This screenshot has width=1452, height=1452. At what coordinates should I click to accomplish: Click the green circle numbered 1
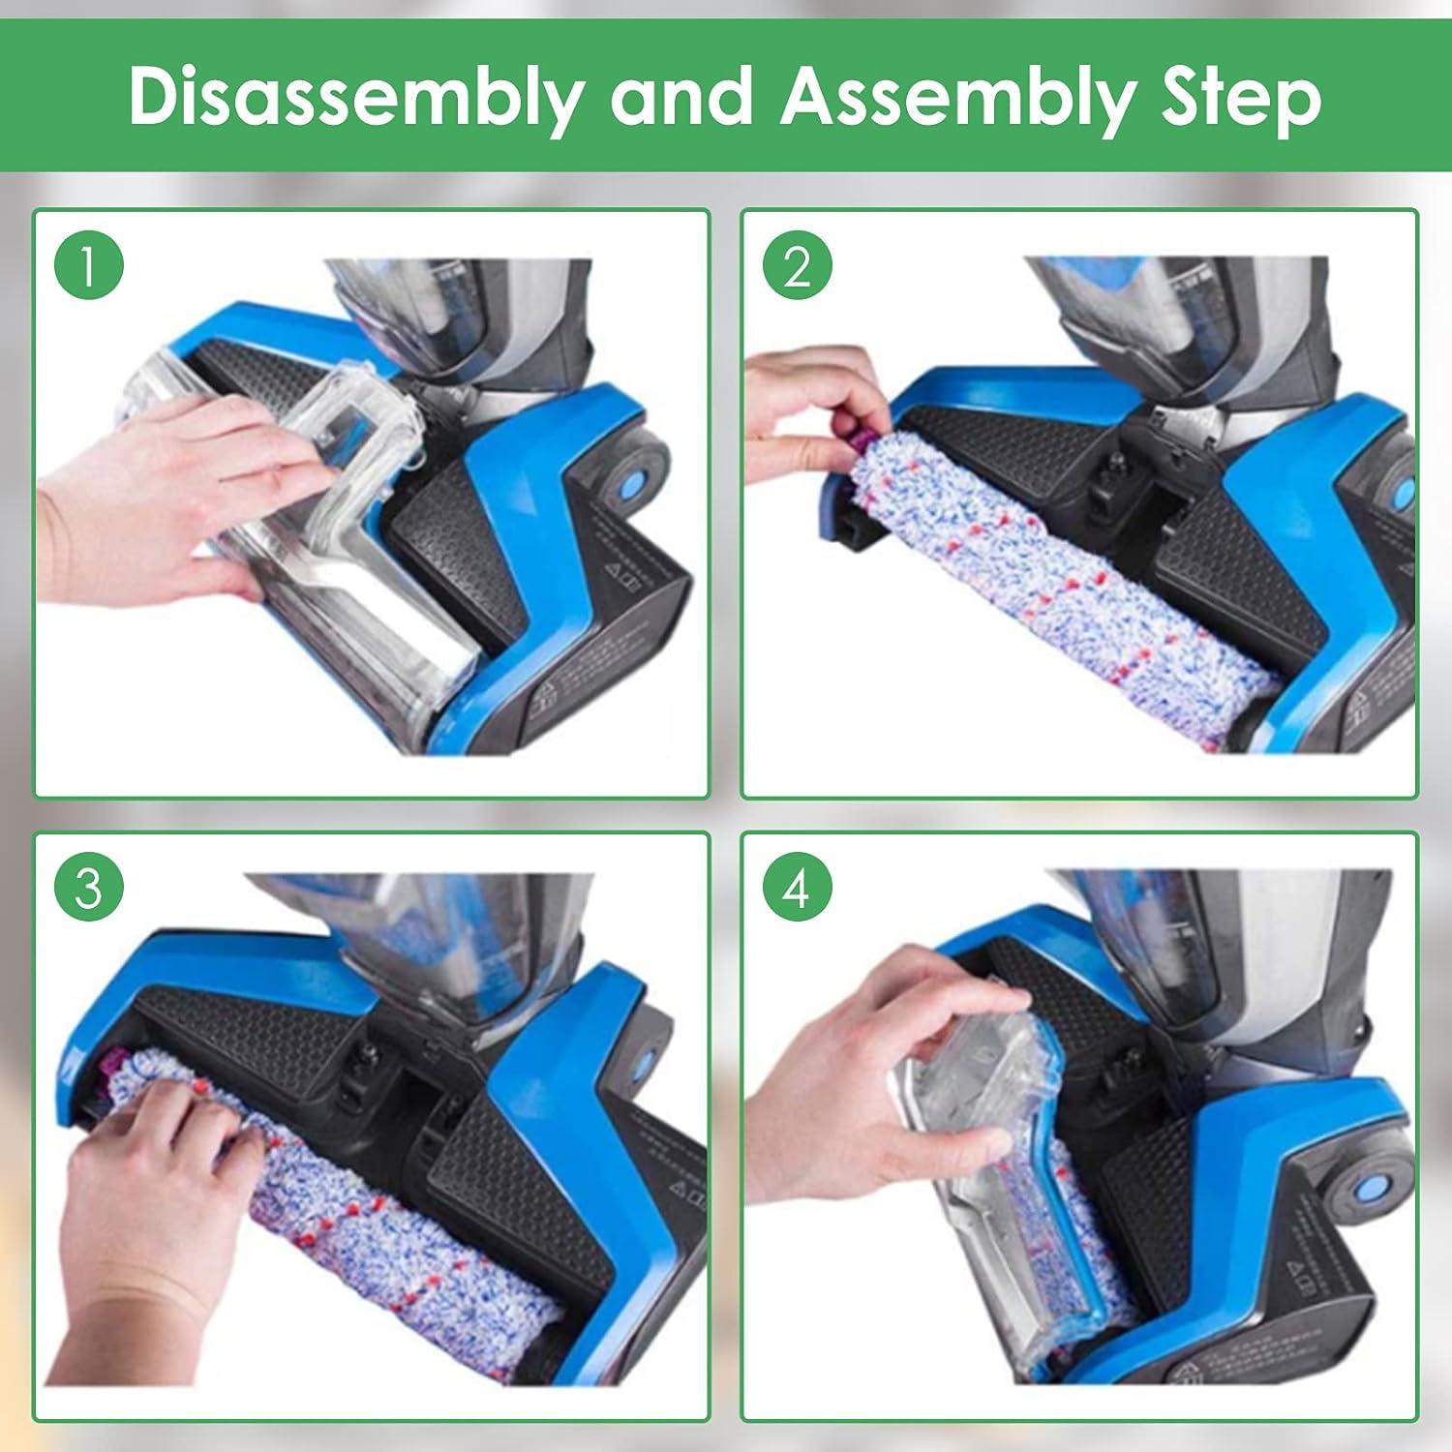(x=89, y=266)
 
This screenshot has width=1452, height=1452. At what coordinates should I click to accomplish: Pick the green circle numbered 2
(x=797, y=266)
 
